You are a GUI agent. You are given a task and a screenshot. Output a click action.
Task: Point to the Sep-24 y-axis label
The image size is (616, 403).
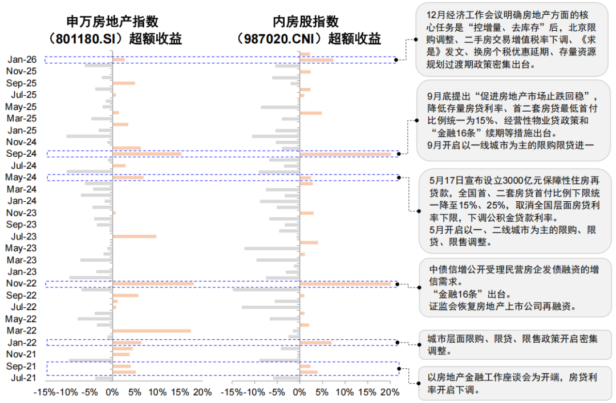[21, 153]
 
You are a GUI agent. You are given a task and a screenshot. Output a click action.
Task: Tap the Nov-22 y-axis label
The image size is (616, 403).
[21, 283]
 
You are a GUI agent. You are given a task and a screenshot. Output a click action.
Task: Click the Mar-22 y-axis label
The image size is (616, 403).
[21, 331]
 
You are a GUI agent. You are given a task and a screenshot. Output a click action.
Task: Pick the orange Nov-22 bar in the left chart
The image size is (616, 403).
[153, 283]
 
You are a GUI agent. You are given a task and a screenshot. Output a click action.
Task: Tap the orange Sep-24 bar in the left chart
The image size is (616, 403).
[147, 153]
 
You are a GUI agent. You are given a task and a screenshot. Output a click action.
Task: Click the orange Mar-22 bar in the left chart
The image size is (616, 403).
[152, 331]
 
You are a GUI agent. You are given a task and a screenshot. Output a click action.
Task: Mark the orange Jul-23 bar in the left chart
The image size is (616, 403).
[135, 236]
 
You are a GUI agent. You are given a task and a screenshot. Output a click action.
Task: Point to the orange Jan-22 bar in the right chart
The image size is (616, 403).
[316, 343]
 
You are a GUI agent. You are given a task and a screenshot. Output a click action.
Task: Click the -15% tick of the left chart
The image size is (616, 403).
[44, 393]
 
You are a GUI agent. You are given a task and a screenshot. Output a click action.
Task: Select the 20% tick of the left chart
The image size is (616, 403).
[202, 393]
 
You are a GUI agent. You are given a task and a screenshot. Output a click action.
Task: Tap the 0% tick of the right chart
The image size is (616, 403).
[299, 393]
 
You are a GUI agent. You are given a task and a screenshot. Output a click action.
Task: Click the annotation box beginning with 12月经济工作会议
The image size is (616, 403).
[511, 39]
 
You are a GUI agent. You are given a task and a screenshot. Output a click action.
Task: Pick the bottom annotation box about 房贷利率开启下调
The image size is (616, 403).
[511, 383]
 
